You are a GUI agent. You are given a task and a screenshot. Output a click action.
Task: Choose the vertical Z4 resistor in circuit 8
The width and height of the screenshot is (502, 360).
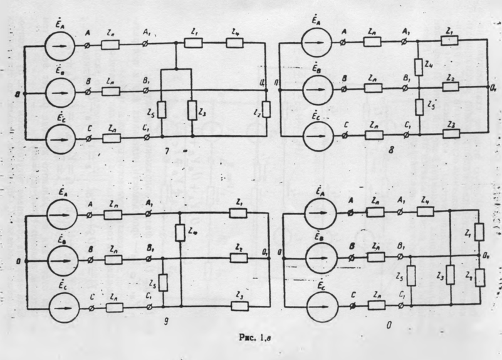point(418,65)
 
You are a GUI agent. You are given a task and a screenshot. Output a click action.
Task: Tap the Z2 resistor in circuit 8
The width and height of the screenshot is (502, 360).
point(450,87)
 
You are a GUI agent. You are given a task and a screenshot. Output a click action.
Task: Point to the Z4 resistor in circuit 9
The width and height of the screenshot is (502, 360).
point(180,233)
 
